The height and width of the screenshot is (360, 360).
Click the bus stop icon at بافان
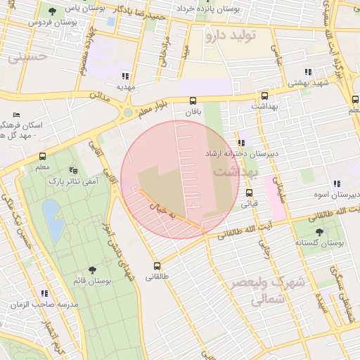coord(193,101)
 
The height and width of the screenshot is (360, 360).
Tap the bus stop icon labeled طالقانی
coord(157,266)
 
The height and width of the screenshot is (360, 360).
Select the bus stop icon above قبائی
coord(249,193)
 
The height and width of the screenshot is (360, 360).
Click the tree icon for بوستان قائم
coord(92,270)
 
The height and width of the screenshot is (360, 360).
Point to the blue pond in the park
coord(51,212)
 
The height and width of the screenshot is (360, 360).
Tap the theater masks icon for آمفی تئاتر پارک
coord(73,170)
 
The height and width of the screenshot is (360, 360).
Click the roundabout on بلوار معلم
coord(127,112)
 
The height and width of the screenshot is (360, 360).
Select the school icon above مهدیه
coord(125,76)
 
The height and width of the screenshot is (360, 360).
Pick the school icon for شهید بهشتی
coord(307,72)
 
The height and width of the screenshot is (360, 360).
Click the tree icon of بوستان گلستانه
coord(319,231)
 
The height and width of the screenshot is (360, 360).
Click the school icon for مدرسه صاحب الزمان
coord(45,292)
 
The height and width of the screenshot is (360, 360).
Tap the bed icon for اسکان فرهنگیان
coord(17,115)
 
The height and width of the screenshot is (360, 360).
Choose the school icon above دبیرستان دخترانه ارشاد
coord(241,143)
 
